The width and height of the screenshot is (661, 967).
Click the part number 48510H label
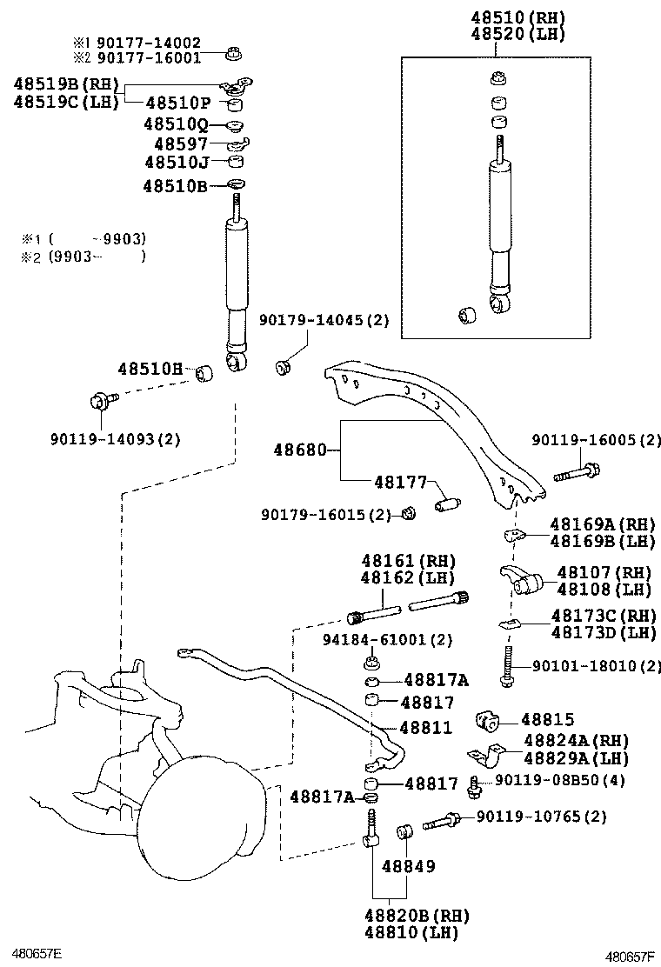tap(150, 370)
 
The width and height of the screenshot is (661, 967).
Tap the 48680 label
tap(299, 450)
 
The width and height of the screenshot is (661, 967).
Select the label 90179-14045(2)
tap(324, 320)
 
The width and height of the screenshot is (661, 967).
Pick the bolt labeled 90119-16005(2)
tap(577, 475)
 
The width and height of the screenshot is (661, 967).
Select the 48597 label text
tap(181, 144)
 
